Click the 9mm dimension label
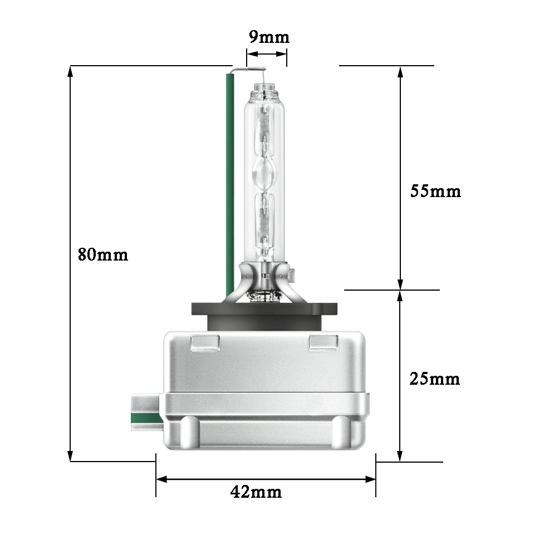click(269, 37)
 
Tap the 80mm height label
click(103, 255)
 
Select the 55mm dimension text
click(435, 191)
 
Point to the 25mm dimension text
click(435, 379)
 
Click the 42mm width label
click(256, 492)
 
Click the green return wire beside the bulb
click(230, 185)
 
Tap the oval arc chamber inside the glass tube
click(264, 175)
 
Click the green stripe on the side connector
click(147, 418)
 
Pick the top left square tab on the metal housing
click(205, 342)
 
